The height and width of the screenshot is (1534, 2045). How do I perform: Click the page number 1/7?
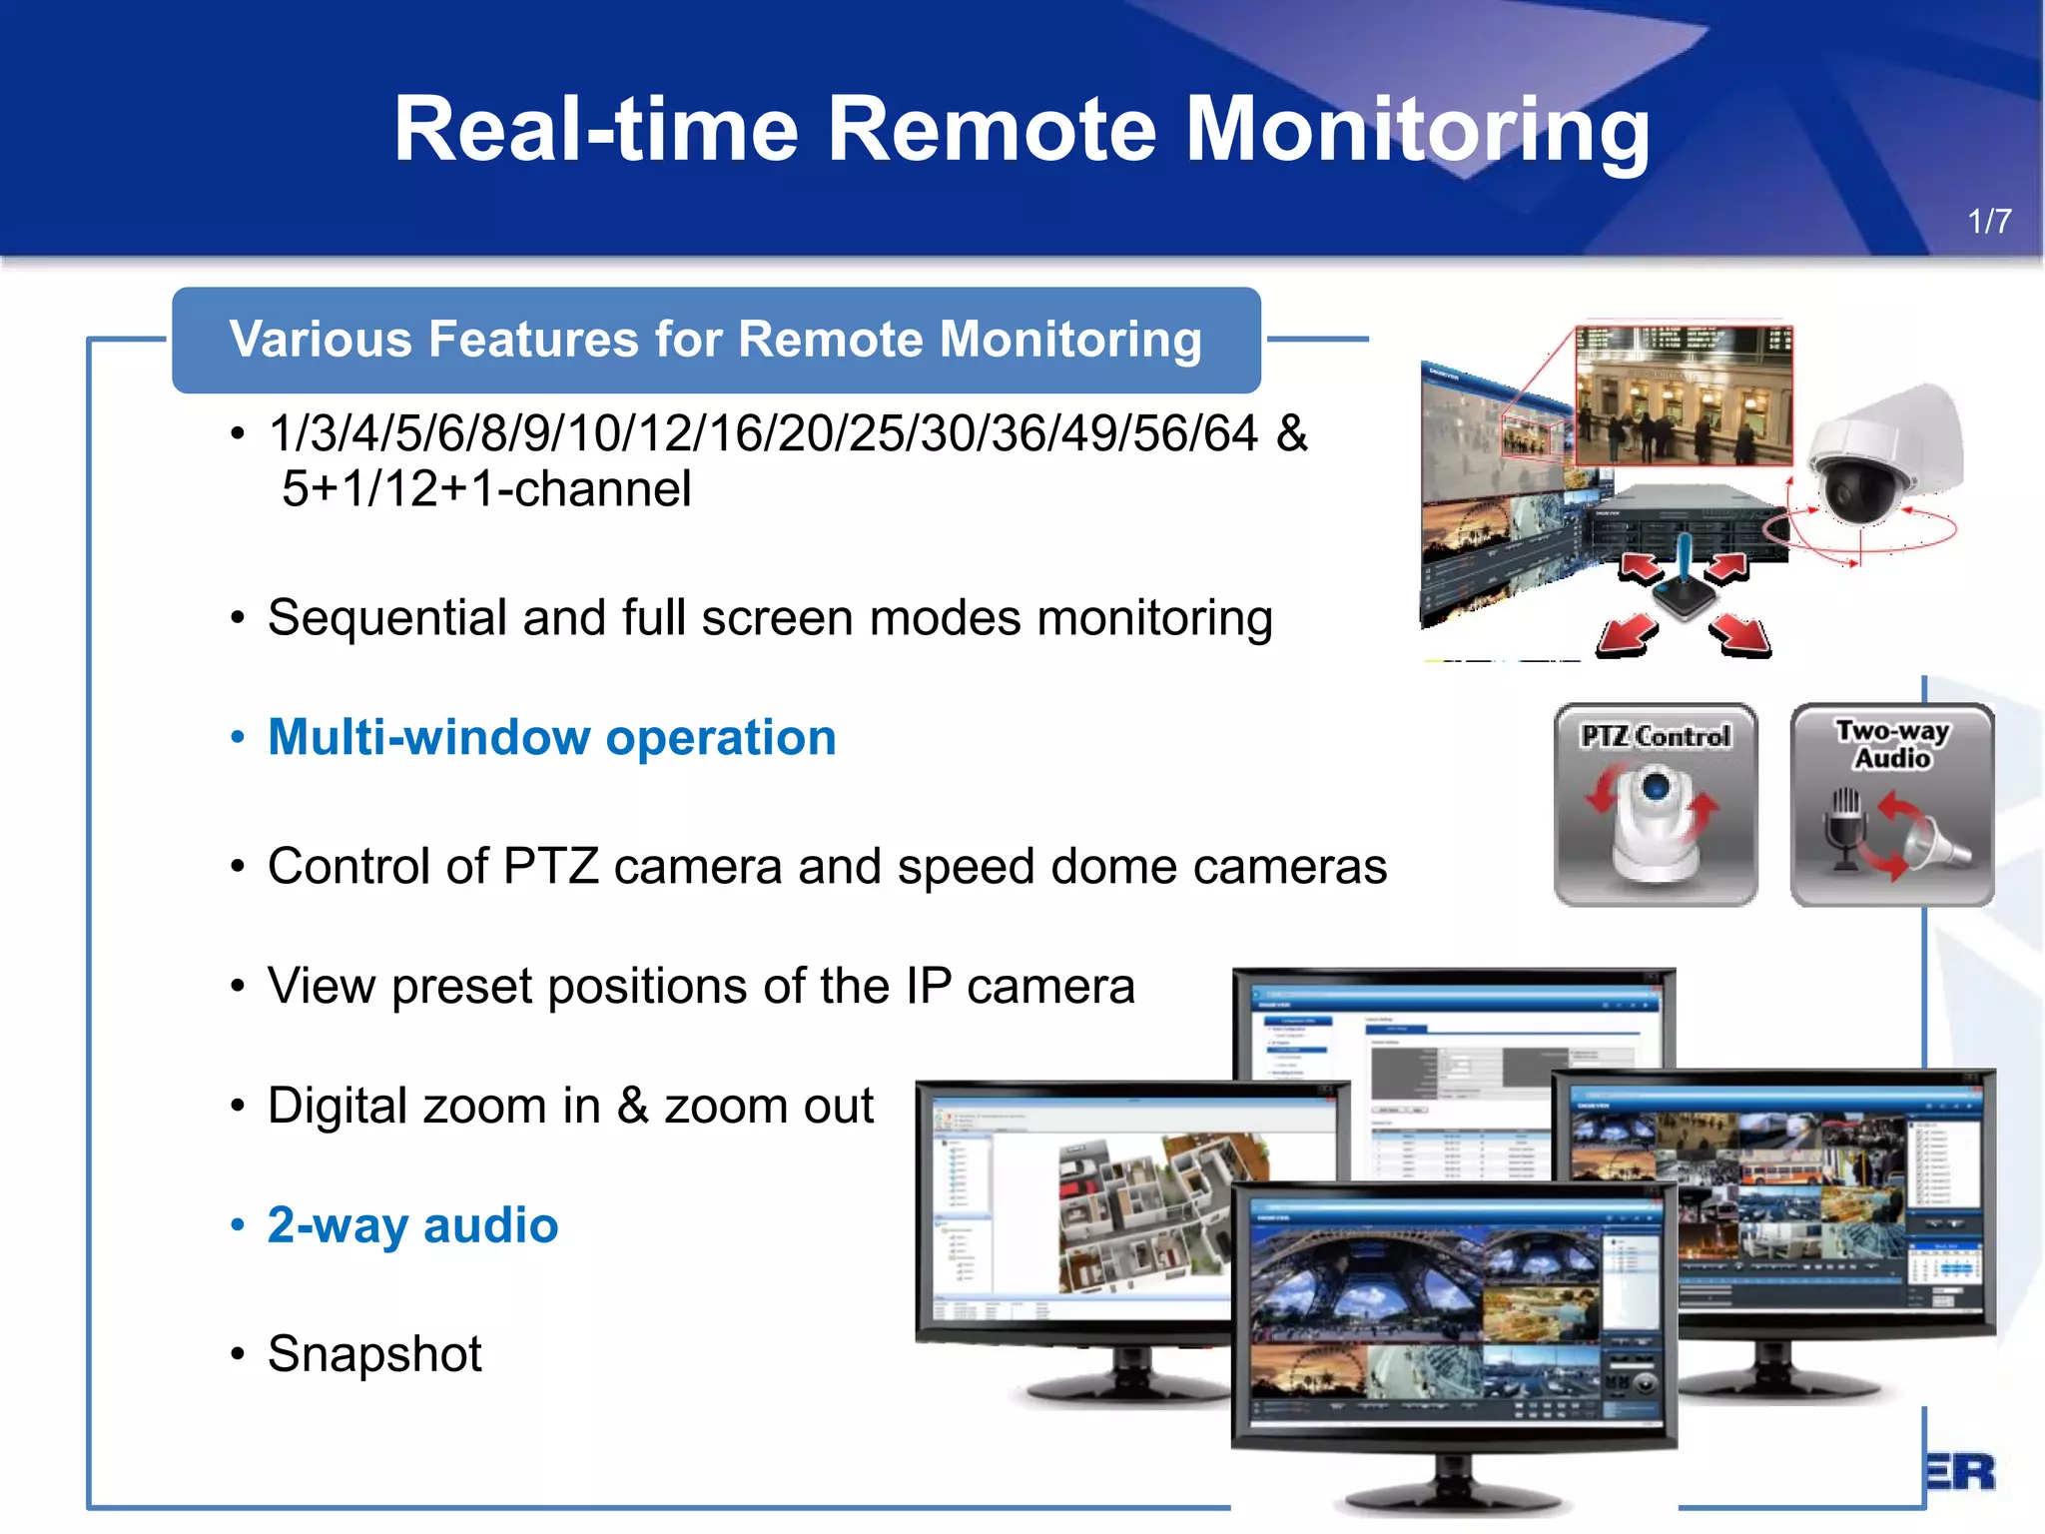pos(1988,221)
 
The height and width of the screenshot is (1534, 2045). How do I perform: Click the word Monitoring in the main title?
pos(1417,129)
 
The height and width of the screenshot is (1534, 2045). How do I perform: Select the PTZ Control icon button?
pos(1656,805)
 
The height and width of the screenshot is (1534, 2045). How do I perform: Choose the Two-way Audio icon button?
pos(1892,805)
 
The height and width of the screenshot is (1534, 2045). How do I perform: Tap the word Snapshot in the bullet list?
pos(374,1354)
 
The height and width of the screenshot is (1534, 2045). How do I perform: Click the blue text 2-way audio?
pos(412,1225)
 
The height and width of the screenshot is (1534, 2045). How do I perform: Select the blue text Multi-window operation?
pos(551,738)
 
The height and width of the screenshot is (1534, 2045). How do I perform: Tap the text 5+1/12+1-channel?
pos(486,489)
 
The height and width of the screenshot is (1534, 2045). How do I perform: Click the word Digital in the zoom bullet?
pos(336,1107)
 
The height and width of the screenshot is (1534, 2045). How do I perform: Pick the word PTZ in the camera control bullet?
pos(550,866)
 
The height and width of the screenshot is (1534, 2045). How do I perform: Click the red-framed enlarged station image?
pos(1684,395)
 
